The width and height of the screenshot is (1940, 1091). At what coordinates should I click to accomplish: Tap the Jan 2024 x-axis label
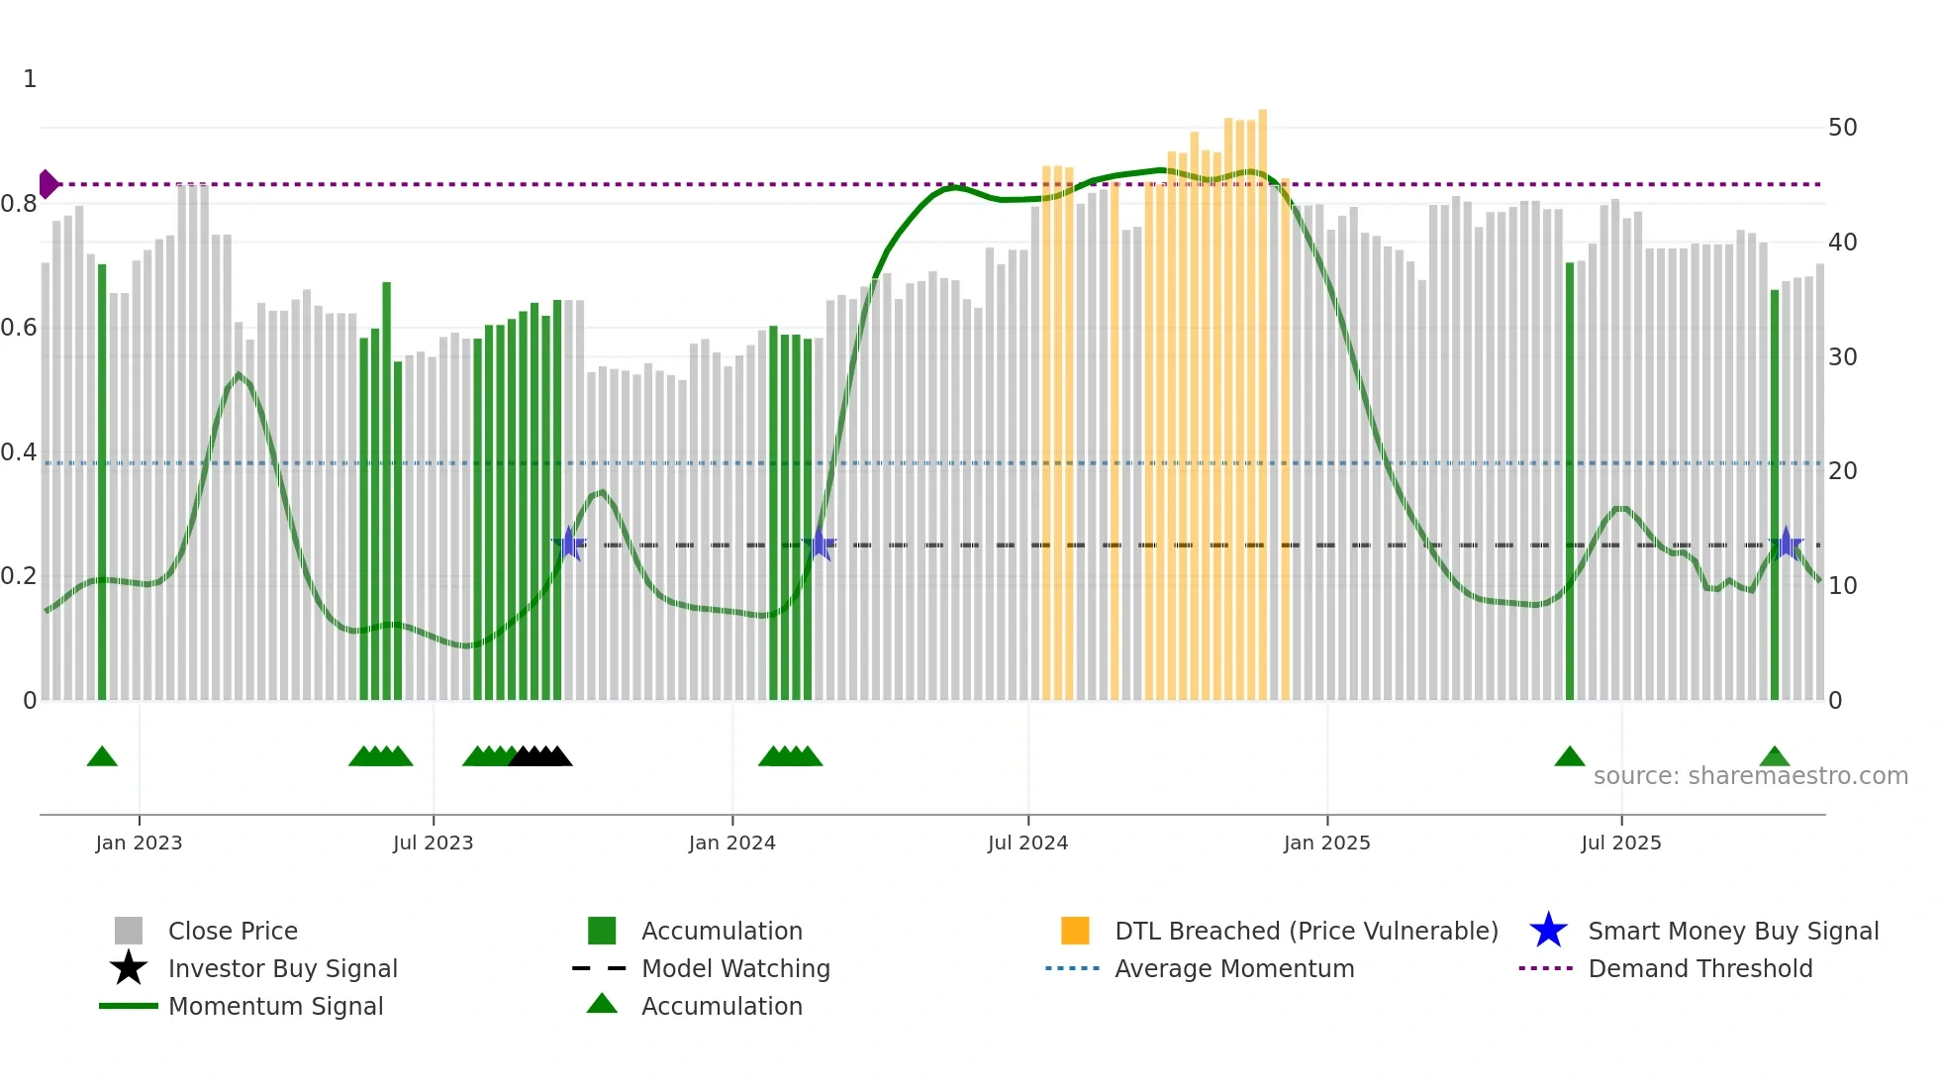[x=731, y=843]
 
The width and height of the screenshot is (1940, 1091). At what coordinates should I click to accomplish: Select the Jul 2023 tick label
[x=433, y=843]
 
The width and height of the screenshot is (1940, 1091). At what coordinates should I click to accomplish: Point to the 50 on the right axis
[x=1842, y=128]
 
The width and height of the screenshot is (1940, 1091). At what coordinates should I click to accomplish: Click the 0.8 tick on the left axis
[x=19, y=204]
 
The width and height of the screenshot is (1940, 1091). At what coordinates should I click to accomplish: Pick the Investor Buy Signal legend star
[x=129, y=968]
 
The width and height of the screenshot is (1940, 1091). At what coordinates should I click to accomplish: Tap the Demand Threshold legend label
[x=1699, y=968]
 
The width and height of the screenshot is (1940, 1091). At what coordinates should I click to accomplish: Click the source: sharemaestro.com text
[x=1750, y=776]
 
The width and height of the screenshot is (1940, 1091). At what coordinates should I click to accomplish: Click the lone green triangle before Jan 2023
[x=102, y=757]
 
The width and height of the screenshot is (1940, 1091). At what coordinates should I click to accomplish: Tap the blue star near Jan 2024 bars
[x=820, y=545]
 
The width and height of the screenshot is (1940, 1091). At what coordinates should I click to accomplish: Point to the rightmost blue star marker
[x=1786, y=544]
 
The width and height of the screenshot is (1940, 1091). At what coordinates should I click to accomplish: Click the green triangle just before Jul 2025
[x=1569, y=757]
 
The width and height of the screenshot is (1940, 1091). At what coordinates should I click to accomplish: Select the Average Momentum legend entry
[x=1233, y=968]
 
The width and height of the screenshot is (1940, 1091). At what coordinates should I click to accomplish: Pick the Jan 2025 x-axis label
[x=1326, y=843]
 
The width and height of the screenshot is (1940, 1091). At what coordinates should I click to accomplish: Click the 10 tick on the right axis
[x=1842, y=586]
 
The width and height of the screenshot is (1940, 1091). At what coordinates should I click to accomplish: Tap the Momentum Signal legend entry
[x=275, y=1006]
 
